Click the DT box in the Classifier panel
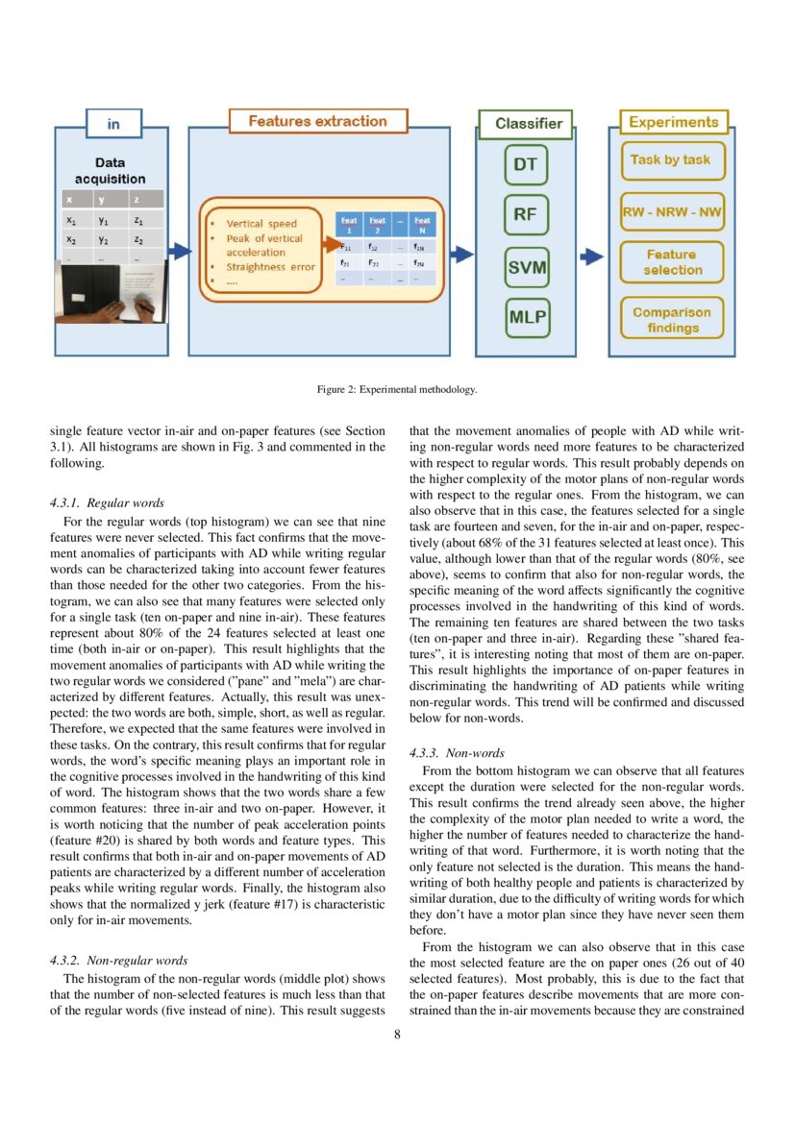[x=525, y=164]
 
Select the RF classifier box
[x=525, y=214]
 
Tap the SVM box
[x=526, y=267]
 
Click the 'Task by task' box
[x=670, y=160]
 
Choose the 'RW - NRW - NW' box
[x=673, y=211]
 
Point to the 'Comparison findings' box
[x=673, y=320]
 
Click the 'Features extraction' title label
[x=317, y=122]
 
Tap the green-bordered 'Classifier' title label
[x=528, y=124]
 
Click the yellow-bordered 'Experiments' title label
[x=673, y=122]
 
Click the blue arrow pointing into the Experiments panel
[x=594, y=256]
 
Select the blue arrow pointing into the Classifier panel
[x=463, y=255]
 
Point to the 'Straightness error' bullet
[x=269, y=267]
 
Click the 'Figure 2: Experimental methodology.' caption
[x=397, y=390]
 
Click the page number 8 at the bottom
[x=397, y=1035]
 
